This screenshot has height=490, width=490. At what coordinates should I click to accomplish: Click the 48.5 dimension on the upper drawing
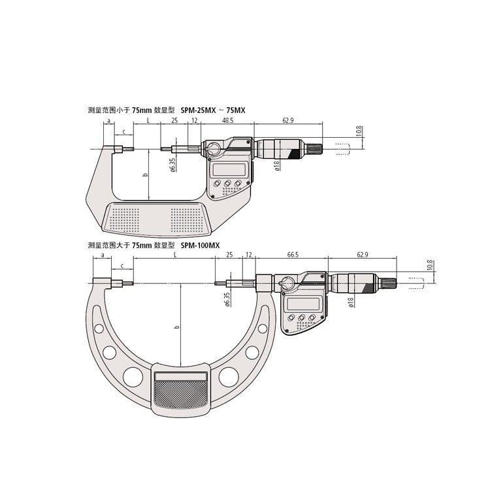coord(227,120)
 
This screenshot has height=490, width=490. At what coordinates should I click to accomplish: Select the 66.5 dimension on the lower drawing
coord(293,255)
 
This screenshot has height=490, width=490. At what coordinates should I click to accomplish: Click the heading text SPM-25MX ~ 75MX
coord(213,110)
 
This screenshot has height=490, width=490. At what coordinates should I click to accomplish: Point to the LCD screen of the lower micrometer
coord(304,304)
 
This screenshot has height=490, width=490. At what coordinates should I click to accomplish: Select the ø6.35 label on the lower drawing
coord(227,299)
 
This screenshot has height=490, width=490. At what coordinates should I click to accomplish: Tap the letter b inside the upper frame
coord(145,174)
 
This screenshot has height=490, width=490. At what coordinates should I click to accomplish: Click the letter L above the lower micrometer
coord(175,255)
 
